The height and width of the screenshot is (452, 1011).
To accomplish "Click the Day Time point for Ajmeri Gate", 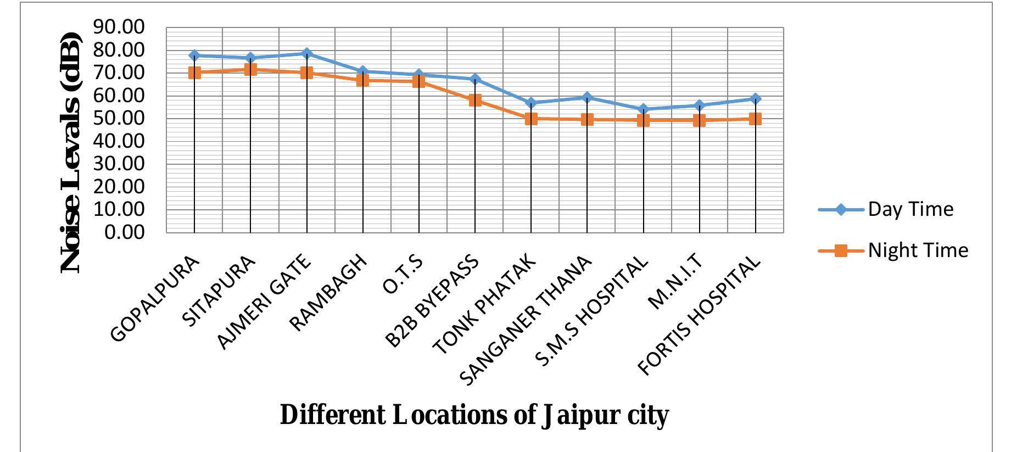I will pos(307,53).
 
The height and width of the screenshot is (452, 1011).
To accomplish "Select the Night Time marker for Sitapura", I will pos(250,69).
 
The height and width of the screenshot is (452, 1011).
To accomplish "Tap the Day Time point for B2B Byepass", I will pos(475,79).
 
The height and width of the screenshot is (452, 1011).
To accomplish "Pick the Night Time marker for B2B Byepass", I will pos(475,100).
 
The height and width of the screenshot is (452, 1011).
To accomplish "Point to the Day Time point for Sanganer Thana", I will pos(587,97).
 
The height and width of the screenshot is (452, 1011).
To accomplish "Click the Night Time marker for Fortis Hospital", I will pos(755,119).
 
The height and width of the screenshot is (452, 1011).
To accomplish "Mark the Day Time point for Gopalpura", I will pos(194,55).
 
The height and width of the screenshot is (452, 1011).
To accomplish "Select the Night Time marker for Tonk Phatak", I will pos(531,118).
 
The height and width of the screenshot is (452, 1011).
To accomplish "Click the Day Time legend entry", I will pos(910,209).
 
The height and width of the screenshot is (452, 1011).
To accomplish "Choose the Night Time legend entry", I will pos(918,250).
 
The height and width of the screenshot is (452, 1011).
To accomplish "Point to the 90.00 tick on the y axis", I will pos(119,27).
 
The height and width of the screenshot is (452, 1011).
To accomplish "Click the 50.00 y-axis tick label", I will pos(119,118).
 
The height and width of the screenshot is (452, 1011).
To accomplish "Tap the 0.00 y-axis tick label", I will pos(125,232).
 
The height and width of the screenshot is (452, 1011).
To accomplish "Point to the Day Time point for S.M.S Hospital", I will pos(644,109).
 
